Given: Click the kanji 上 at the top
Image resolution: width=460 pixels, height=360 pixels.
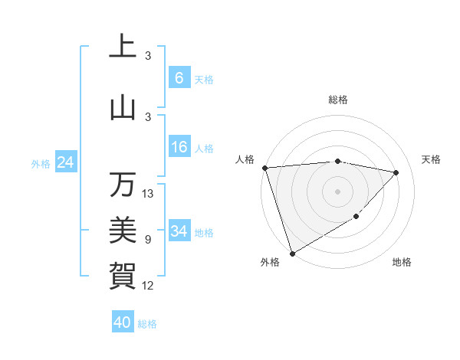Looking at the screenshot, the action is pos(123,46).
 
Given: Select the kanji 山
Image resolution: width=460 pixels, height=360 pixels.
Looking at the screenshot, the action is pos(123,107).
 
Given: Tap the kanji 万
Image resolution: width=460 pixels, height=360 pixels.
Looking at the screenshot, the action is pos(123,184).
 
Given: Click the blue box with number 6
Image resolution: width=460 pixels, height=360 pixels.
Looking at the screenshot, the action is pos(179,78).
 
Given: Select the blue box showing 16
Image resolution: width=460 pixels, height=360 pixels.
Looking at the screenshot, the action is pos(179,147).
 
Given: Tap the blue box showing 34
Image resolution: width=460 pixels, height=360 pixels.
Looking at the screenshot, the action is pos(179,231).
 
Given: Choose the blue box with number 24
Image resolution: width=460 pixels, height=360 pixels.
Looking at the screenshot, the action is pos(65,162).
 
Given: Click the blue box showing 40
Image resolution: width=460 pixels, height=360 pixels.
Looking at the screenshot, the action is pos(123,322).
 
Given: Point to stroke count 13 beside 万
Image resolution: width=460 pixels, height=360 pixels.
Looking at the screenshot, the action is pos(149,194).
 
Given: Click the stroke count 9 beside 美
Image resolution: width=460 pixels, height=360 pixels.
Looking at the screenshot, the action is pos(148,240).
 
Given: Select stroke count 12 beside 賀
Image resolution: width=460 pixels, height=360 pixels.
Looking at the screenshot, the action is pos(149,286).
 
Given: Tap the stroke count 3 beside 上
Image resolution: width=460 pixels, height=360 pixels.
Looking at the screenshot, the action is pos(148,56).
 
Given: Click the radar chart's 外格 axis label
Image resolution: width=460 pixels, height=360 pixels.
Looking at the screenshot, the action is pos(270,262).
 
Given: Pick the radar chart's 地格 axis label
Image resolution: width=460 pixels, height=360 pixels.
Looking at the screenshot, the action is pos(402,262).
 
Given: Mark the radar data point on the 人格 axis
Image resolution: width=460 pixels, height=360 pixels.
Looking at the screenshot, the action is pos(264,168).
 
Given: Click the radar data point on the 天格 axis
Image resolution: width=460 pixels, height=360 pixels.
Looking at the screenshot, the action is pos(396,172).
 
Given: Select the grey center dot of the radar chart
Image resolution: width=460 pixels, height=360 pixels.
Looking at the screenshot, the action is pos(337,191).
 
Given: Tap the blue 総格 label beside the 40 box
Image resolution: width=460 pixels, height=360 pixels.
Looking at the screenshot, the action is pos(147,324).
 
